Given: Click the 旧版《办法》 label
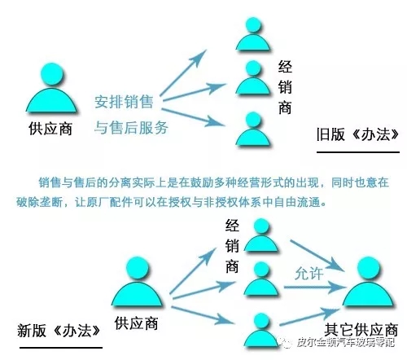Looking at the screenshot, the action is pyautogui.click(x=357, y=134).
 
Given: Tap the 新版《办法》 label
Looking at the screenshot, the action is pyautogui.click(x=59, y=331).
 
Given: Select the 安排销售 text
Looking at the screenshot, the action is pyautogui.click(x=124, y=102).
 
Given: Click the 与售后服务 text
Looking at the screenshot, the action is pyautogui.click(x=131, y=127).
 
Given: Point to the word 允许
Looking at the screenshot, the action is pyautogui.click(x=309, y=273).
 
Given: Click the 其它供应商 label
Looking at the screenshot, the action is pyautogui.click(x=361, y=330).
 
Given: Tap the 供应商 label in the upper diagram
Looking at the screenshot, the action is pyautogui.click(x=50, y=129).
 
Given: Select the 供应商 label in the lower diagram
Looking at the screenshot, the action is pyautogui.click(x=136, y=323).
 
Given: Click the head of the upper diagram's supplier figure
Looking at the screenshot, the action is pyautogui.click(x=51, y=75).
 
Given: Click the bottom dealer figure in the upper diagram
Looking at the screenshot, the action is pyautogui.click(x=253, y=129).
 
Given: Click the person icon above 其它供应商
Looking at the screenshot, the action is pyautogui.click(x=368, y=282).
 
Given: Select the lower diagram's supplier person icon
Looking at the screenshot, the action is pyautogui.click(x=138, y=282).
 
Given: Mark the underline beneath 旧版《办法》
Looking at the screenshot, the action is pyautogui.click(x=358, y=152).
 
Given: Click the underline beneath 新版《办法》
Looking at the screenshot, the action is pyautogui.click(x=61, y=347).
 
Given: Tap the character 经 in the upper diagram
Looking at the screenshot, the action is pyautogui.click(x=285, y=67).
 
